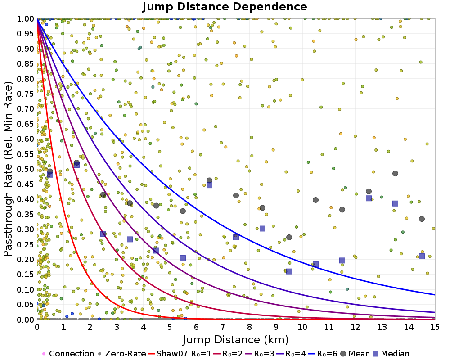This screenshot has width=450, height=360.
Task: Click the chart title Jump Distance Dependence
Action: [225, 7]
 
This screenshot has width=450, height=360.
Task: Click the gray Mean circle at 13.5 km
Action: [395, 173]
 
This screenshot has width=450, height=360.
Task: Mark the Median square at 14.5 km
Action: [422, 256]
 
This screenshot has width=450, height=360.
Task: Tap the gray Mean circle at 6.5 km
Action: [209, 180]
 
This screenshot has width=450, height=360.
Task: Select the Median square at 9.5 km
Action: [289, 271]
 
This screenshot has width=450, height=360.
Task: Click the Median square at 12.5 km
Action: [369, 198]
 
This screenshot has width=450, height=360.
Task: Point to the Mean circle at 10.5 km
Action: [315, 200]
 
